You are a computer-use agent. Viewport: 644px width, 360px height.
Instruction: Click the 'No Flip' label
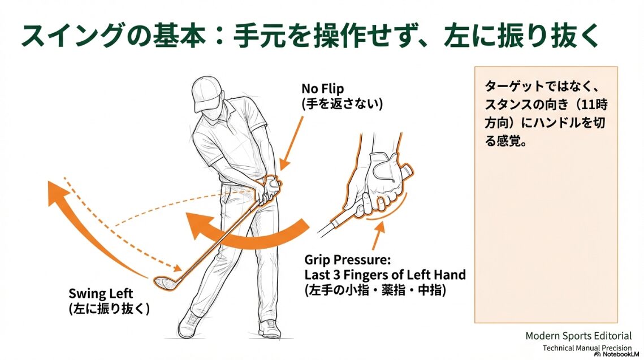(322, 89)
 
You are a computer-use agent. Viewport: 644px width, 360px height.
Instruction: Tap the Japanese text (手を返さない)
(342, 104)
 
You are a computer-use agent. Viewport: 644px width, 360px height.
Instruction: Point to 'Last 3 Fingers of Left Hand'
(385, 275)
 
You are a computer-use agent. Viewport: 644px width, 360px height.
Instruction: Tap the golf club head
(164, 283)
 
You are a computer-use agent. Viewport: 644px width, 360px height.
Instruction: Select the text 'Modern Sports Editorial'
(578, 336)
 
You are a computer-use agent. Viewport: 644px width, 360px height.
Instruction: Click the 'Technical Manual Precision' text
(587, 348)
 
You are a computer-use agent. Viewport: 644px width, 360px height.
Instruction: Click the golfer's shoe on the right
(270, 328)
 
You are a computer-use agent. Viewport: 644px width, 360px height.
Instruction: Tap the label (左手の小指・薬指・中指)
(375, 290)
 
